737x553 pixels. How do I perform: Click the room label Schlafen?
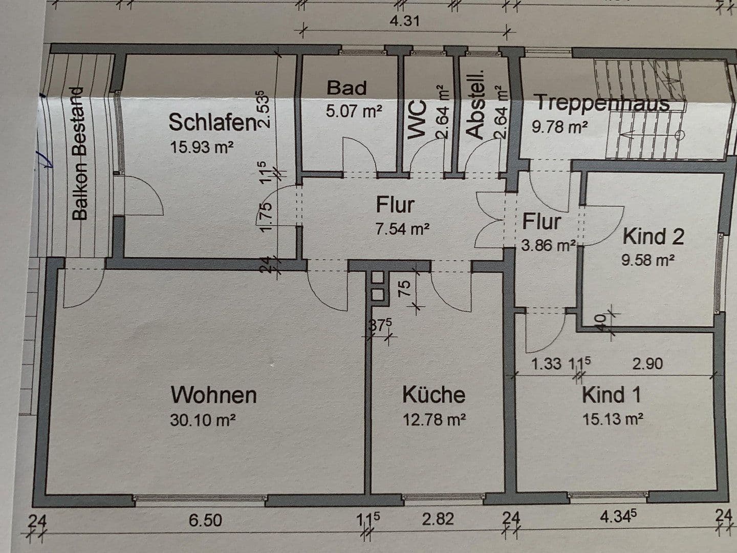(x=212, y=123)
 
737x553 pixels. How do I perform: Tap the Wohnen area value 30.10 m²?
(x=203, y=420)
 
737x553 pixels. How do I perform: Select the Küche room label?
(x=433, y=395)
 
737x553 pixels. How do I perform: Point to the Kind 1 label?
(x=611, y=395)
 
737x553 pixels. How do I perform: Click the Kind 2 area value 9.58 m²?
(x=647, y=260)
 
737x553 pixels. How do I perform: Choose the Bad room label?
(x=346, y=88)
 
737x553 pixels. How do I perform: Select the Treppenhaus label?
(x=602, y=102)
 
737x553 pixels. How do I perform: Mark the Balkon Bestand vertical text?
(x=80, y=154)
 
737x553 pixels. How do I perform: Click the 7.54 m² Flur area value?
(x=402, y=229)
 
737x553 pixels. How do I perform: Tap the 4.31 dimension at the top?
(x=404, y=21)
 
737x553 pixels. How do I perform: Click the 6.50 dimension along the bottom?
(x=205, y=520)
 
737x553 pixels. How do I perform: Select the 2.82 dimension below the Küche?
(x=438, y=519)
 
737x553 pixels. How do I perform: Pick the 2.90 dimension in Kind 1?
(x=647, y=364)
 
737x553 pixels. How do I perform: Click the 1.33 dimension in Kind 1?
(x=546, y=364)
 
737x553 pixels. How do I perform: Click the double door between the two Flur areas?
(x=489, y=220)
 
